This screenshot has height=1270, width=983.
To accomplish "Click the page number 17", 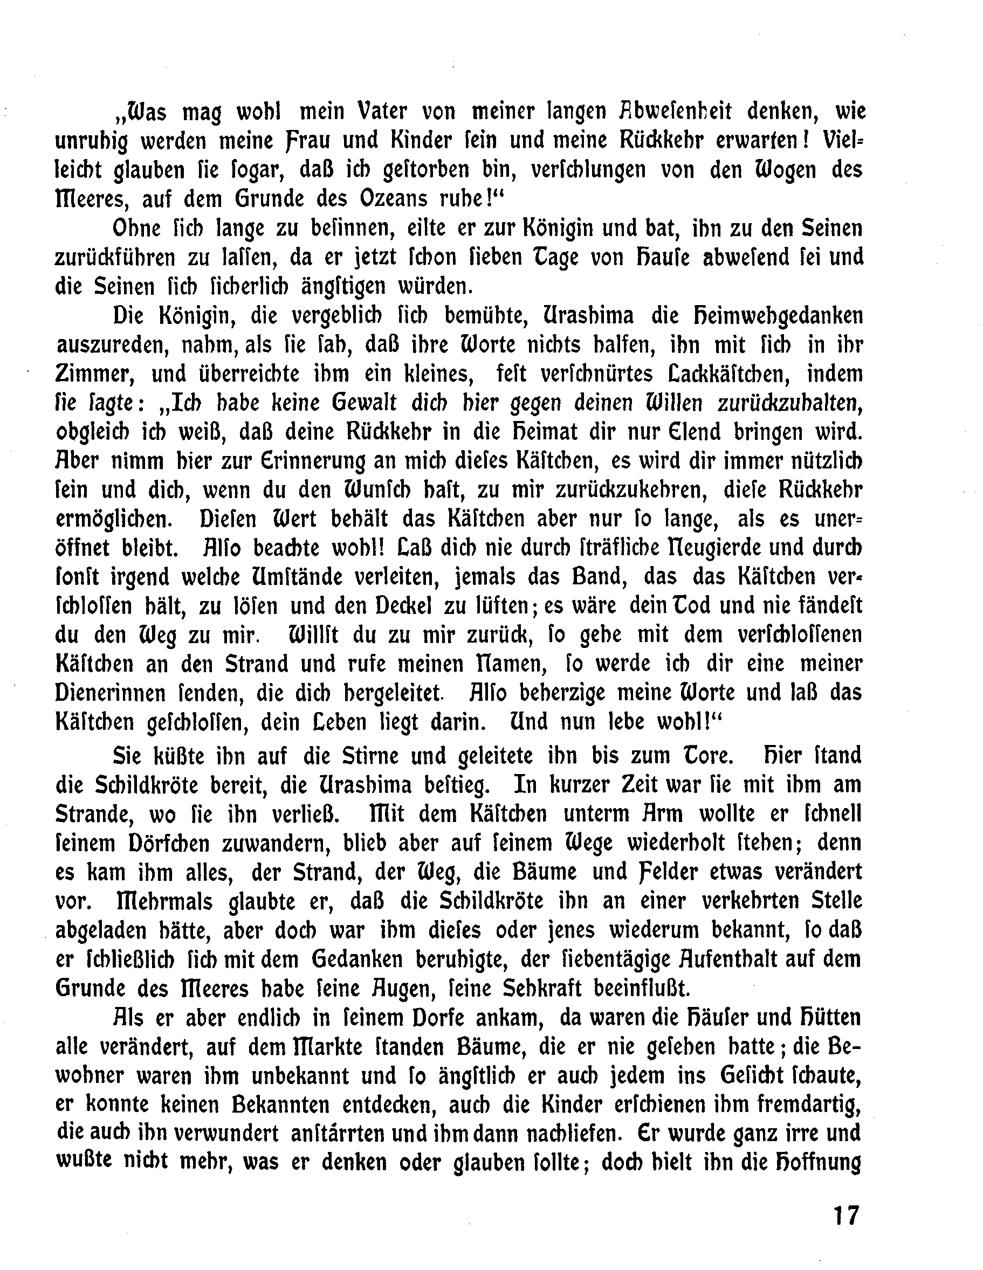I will tap(845, 1215).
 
